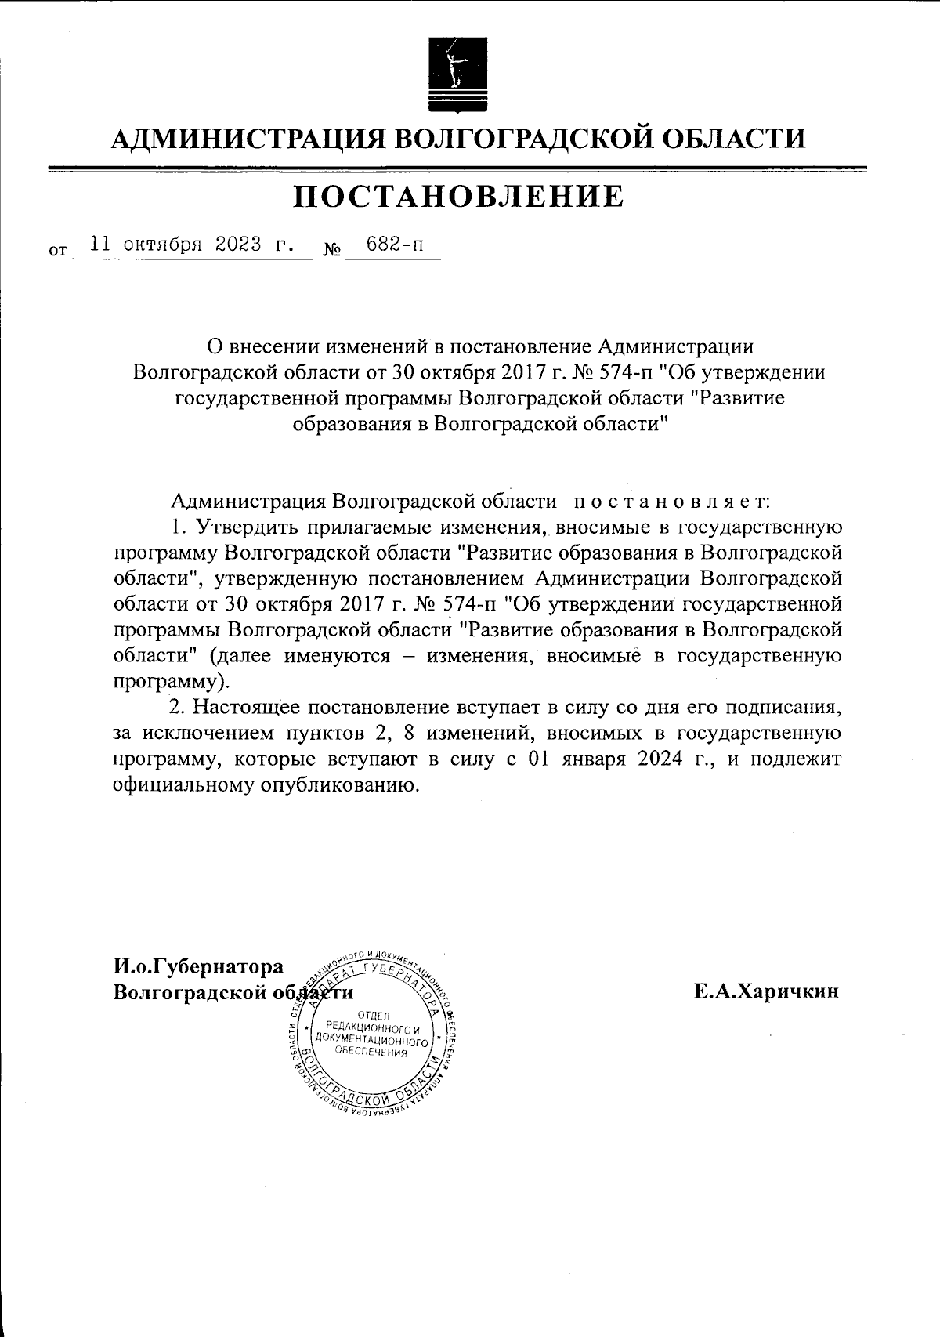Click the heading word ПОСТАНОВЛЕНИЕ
[459, 197]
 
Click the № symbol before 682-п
[331, 251]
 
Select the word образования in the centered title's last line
[350, 424]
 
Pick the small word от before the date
[57, 252]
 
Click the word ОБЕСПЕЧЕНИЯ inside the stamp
[371, 1053]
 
